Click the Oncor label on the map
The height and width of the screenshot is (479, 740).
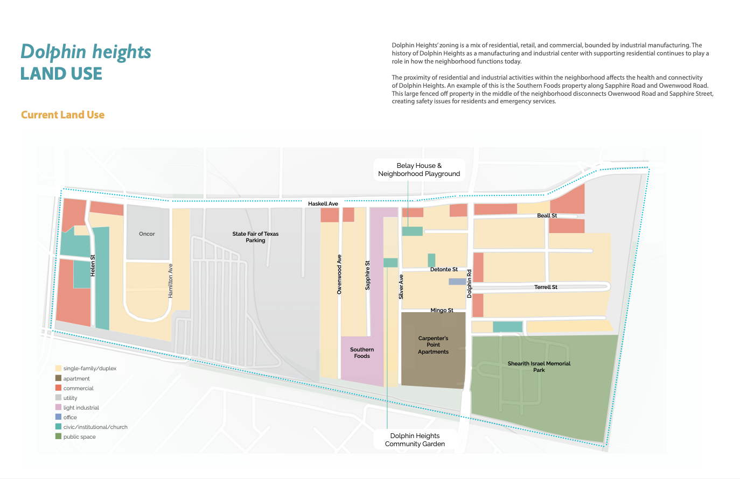point(146,234)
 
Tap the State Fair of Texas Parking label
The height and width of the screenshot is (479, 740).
point(255,237)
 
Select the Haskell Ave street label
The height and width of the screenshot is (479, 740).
point(323,203)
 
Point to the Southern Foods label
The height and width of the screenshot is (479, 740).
point(362,353)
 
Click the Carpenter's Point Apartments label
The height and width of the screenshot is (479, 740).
point(433,345)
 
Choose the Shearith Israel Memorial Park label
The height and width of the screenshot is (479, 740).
point(539,367)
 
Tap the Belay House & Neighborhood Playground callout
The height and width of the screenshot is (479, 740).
point(419,170)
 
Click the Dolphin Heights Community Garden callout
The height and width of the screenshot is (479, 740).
point(415,440)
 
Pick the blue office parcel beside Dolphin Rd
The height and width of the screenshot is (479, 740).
point(457,281)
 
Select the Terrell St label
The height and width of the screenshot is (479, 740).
point(546,287)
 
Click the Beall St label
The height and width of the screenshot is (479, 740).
point(547,216)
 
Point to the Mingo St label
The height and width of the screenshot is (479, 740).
point(442,311)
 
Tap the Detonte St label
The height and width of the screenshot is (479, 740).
point(444,270)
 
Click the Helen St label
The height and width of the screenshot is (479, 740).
point(93,265)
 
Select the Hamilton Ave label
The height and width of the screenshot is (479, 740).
point(171,281)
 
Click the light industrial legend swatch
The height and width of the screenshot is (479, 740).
point(59,407)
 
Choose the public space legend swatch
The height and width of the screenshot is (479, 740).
point(59,436)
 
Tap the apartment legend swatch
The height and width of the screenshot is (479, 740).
point(59,378)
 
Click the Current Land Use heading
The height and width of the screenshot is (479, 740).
point(63,115)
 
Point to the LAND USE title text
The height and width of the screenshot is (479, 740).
point(61,74)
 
